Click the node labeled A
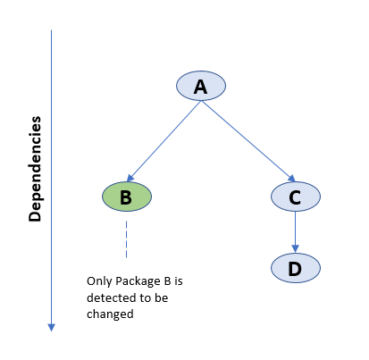pyautogui.click(x=201, y=86)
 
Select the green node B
pyautogui.click(x=127, y=197)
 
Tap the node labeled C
pyautogui.click(x=296, y=197)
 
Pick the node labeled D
pyautogui.click(x=296, y=268)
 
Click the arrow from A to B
pyautogui.click(x=164, y=141)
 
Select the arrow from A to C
pyautogui.click(x=248, y=141)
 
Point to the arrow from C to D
pyautogui.click(x=295, y=232)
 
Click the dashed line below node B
pyautogui.click(x=126, y=239)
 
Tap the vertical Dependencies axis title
pyautogui.click(x=35, y=169)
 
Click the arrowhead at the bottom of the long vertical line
pyautogui.click(x=51, y=328)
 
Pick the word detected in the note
pyautogui.click(x=109, y=297)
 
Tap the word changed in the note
pyautogui.click(x=110, y=314)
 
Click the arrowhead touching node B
pyautogui.click(x=130, y=178)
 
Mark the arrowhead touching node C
pyautogui.click(x=291, y=178)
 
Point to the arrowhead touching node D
pyautogui.click(x=295, y=249)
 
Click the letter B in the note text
pyautogui.click(x=167, y=281)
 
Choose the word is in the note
pyautogui.click(x=179, y=281)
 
